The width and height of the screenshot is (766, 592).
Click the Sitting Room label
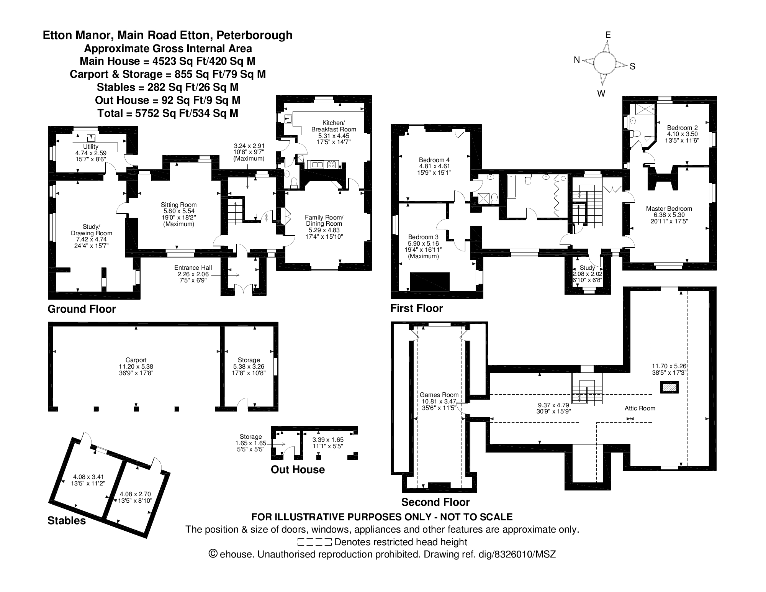pyautogui.click(x=178, y=205)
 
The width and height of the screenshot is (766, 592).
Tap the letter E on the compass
pyautogui.click(x=608, y=35)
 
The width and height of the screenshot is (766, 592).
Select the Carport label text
pyautogui.click(x=136, y=360)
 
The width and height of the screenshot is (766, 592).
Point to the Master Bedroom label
pyautogui.click(x=669, y=208)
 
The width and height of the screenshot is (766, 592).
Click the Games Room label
pyautogui.click(x=439, y=395)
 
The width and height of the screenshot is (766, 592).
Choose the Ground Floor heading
pyautogui.click(x=82, y=309)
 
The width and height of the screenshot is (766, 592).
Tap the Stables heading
pyautogui.click(x=67, y=520)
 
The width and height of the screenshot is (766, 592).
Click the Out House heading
pyautogui.click(x=298, y=469)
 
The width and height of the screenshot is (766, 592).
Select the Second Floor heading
pyautogui.click(x=435, y=502)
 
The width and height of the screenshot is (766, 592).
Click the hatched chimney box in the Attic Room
pyautogui.click(x=669, y=387)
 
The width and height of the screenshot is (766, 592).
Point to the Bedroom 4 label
pyautogui.click(x=434, y=160)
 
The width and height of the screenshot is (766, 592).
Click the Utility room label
pyautogui.click(x=91, y=146)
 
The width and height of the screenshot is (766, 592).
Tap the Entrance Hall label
pyautogui.click(x=193, y=268)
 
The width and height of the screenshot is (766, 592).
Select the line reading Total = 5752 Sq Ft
pyautogui.click(x=168, y=113)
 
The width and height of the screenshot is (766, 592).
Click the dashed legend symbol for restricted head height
pyautogui.click(x=314, y=542)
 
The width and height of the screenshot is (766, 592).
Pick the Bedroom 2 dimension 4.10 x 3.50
pyautogui.click(x=682, y=134)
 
